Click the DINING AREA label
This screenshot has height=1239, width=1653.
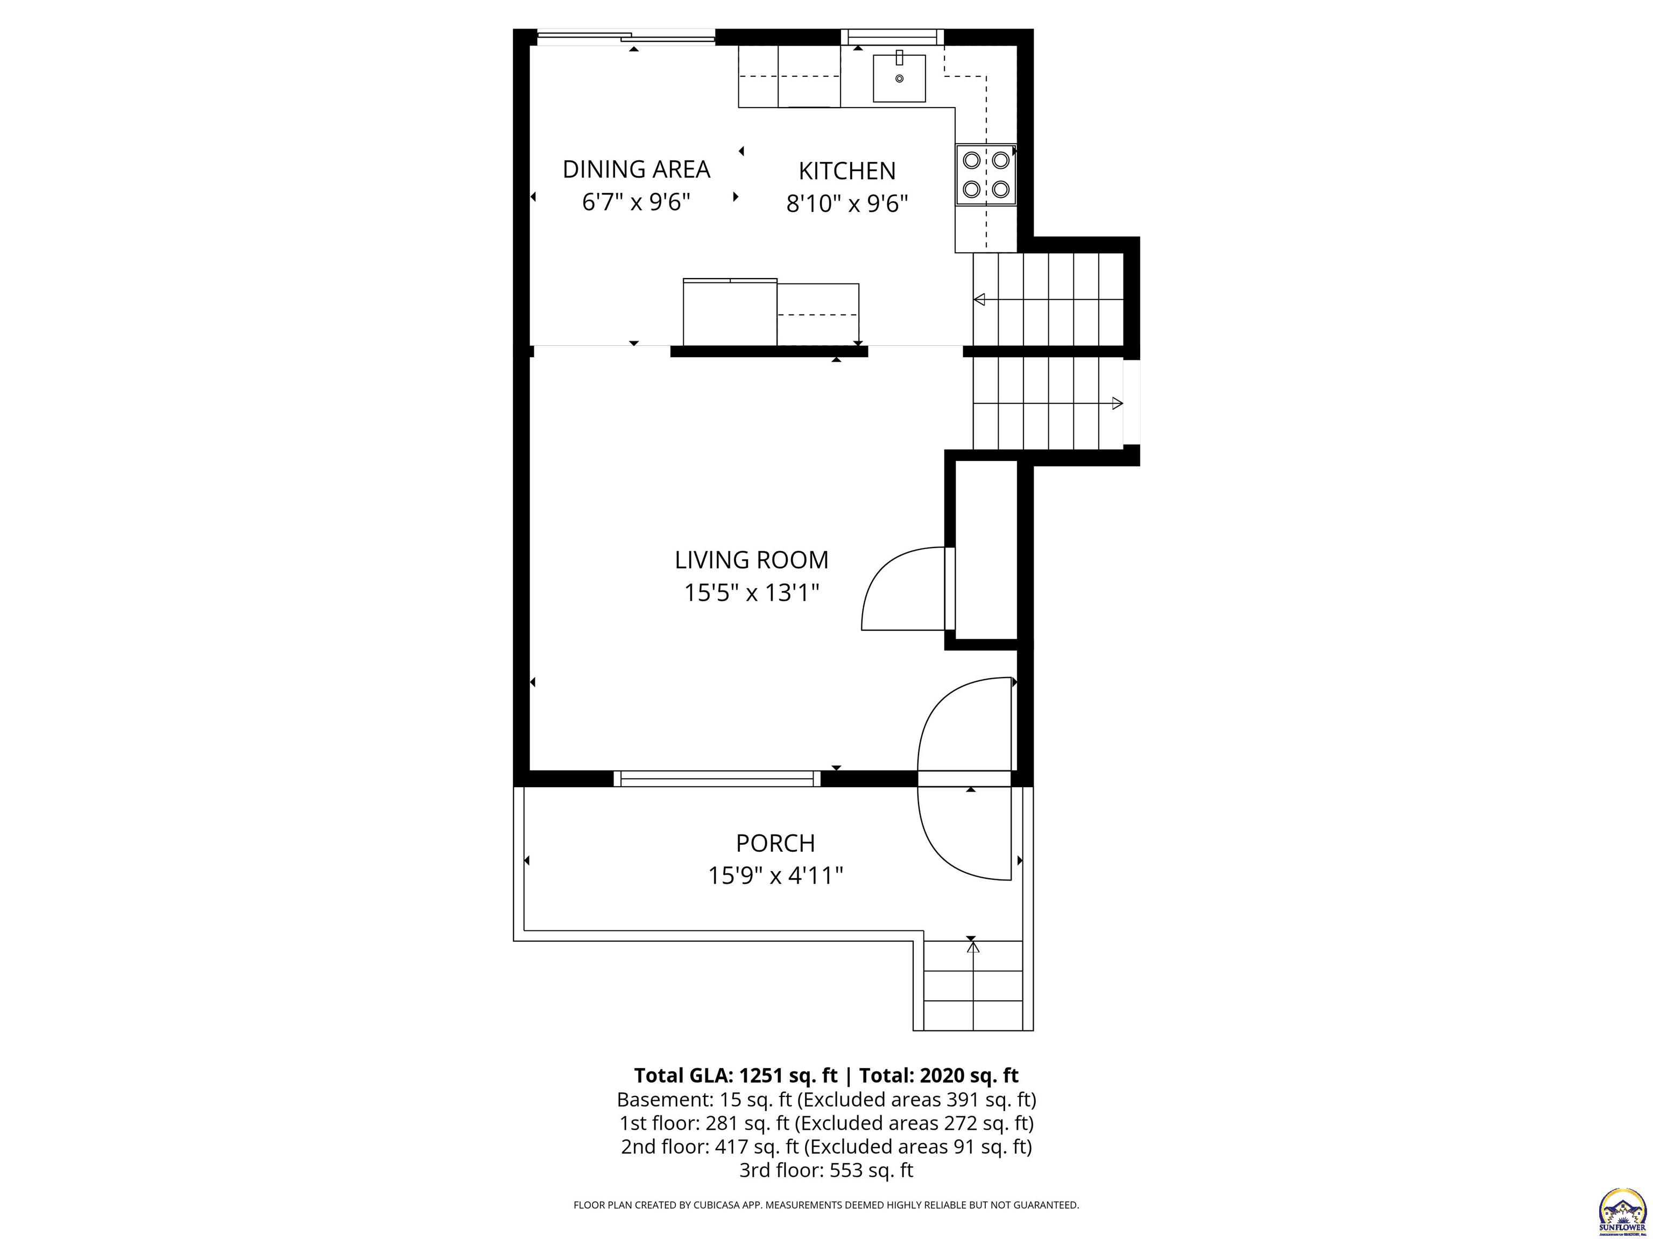[x=636, y=169]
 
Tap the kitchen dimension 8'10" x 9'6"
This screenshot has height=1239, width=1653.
[x=846, y=203]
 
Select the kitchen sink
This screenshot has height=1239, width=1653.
[x=900, y=77]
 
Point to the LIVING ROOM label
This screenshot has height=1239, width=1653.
[x=751, y=560]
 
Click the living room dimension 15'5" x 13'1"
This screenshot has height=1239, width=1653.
[x=751, y=593]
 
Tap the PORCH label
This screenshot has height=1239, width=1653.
[x=775, y=843]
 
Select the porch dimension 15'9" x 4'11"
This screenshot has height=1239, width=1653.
[x=775, y=875]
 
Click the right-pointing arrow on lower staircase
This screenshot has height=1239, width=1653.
[x=1117, y=403]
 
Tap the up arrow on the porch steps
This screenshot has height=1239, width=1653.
[x=973, y=948]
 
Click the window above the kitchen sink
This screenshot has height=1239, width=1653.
[x=892, y=37]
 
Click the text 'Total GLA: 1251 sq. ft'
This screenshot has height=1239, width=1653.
[x=737, y=1076]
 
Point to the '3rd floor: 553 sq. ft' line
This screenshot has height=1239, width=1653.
[x=826, y=1170]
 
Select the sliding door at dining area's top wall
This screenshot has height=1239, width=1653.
[x=626, y=36]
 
